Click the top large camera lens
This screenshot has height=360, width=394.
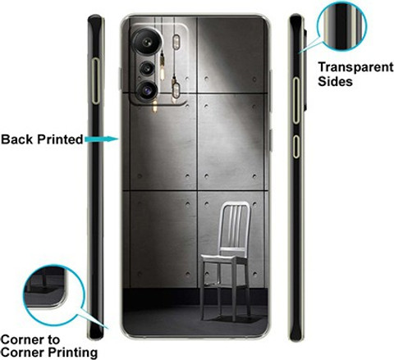147,42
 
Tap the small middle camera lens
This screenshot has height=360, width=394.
148,68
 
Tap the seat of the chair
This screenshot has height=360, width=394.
222,258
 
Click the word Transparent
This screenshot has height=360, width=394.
355,67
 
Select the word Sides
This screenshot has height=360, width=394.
335,81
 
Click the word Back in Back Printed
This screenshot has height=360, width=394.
17,139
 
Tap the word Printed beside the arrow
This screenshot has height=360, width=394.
60,139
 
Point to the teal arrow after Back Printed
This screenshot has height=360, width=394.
101,139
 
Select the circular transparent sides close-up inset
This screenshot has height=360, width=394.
341,26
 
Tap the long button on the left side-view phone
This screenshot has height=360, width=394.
95,81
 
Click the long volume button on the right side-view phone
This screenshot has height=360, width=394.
296,101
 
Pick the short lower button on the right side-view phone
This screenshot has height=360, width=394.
296,146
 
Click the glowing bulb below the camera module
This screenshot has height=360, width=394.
155,107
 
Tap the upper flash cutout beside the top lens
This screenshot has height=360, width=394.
176,41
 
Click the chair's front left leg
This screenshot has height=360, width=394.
203,289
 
